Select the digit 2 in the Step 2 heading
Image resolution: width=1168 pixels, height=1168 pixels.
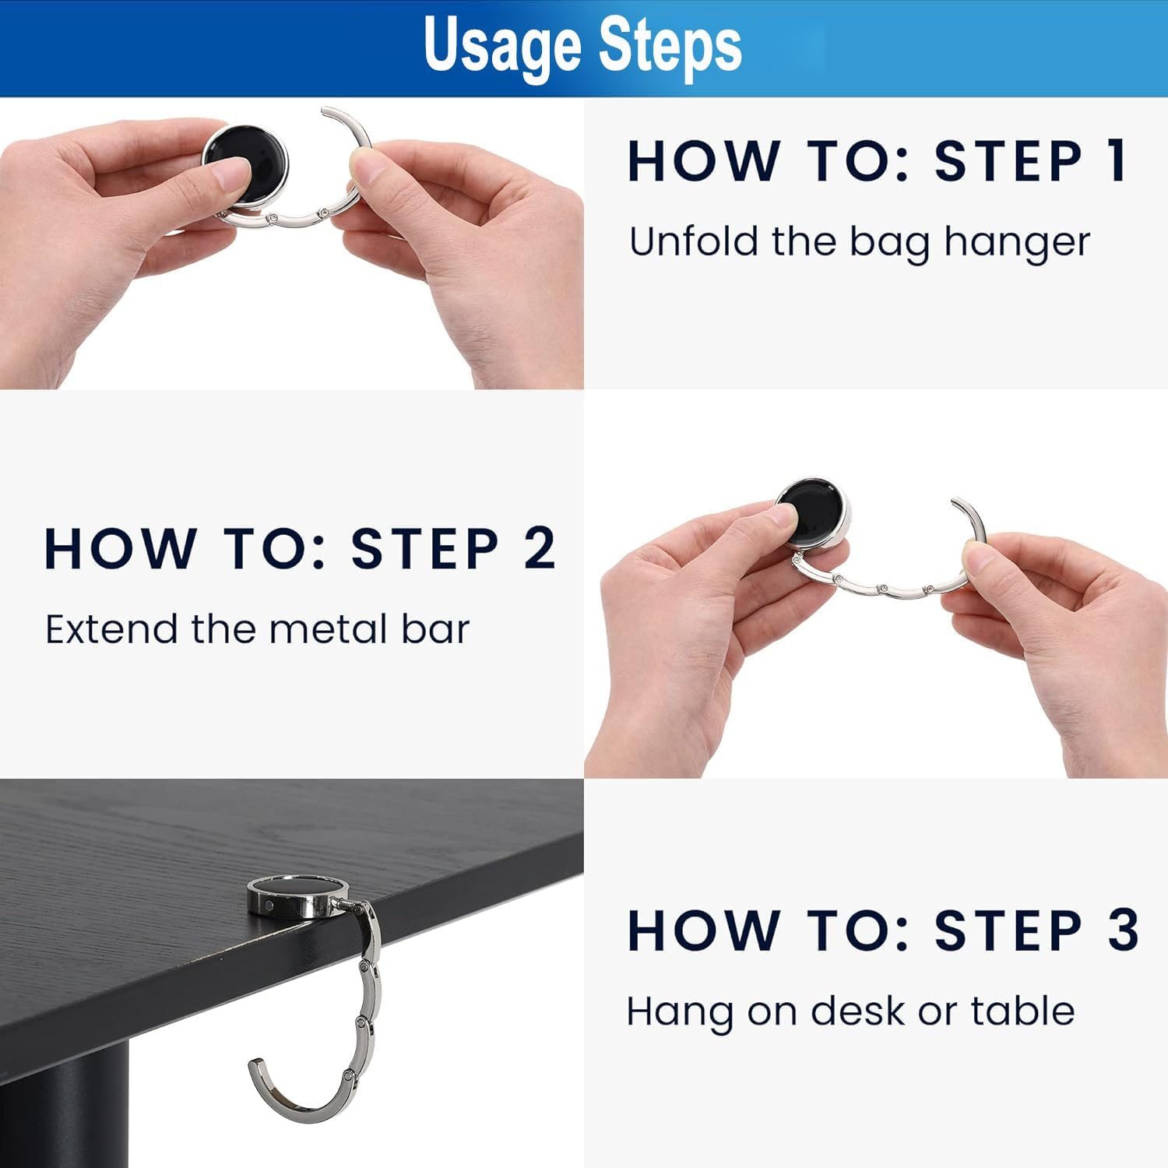[539, 549]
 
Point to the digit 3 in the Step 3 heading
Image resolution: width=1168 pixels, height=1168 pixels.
[1123, 930]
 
